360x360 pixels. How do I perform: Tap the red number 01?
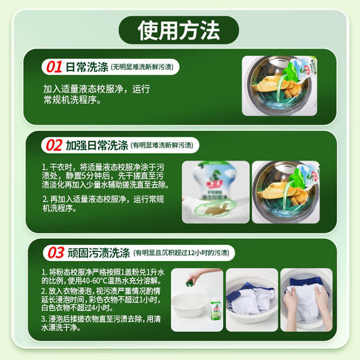tap(53, 67)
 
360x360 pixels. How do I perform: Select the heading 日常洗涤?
tap(87, 67)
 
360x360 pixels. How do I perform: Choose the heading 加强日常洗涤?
tap(97, 145)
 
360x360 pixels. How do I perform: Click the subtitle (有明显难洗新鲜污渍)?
tap(165, 145)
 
